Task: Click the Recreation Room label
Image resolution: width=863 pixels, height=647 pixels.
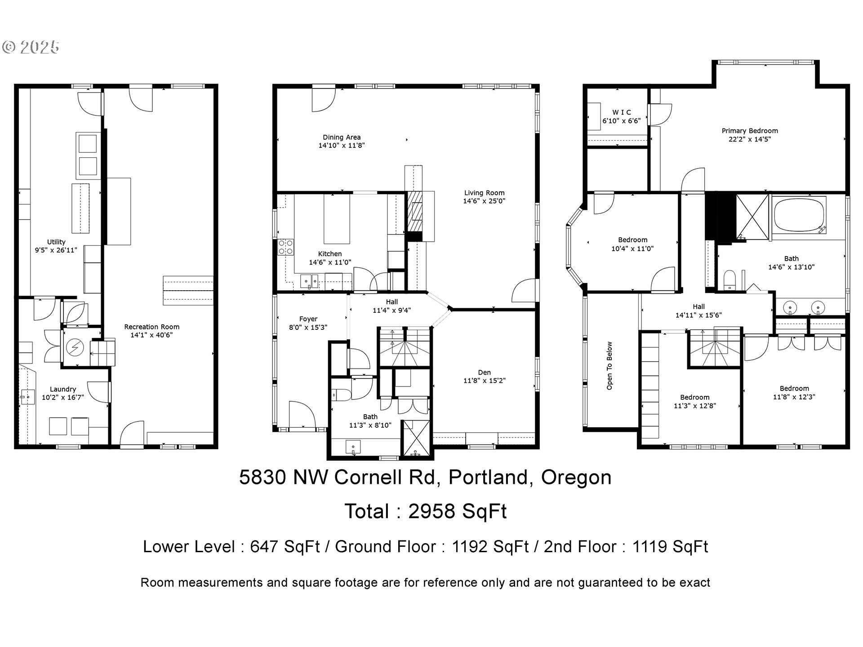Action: click(x=151, y=327)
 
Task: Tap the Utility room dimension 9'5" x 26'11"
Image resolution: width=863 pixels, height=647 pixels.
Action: click(x=56, y=250)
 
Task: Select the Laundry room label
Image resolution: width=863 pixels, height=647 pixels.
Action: click(x=63, y=389)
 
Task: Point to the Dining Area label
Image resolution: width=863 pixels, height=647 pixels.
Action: click(x=342, y=137)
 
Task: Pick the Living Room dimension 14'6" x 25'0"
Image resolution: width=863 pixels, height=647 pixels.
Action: click(x=484, y=201)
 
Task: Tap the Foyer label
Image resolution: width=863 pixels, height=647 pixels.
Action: click(x=308, y=319)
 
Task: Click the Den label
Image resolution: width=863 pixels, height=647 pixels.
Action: click(x=484, y=372)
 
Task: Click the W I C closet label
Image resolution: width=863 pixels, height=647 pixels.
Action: click(x=622, y=112)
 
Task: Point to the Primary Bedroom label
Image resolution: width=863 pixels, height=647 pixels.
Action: click(x=750, y=131)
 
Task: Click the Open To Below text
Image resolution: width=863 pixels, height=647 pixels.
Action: click(x=609, y=366)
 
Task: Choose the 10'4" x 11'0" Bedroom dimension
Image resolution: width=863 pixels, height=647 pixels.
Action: click(x=632, y=248)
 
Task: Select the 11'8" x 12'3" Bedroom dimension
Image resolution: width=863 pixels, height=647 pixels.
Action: click(x=794, y=397)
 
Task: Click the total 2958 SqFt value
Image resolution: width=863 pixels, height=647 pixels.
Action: click(x=458, y=511)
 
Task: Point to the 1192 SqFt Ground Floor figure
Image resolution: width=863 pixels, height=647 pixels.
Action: click(x=490, y=547)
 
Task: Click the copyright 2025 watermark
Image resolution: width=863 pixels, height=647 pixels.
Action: click(x=31, y=47)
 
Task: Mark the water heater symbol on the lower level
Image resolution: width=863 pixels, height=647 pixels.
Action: click(x=73, y=347)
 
